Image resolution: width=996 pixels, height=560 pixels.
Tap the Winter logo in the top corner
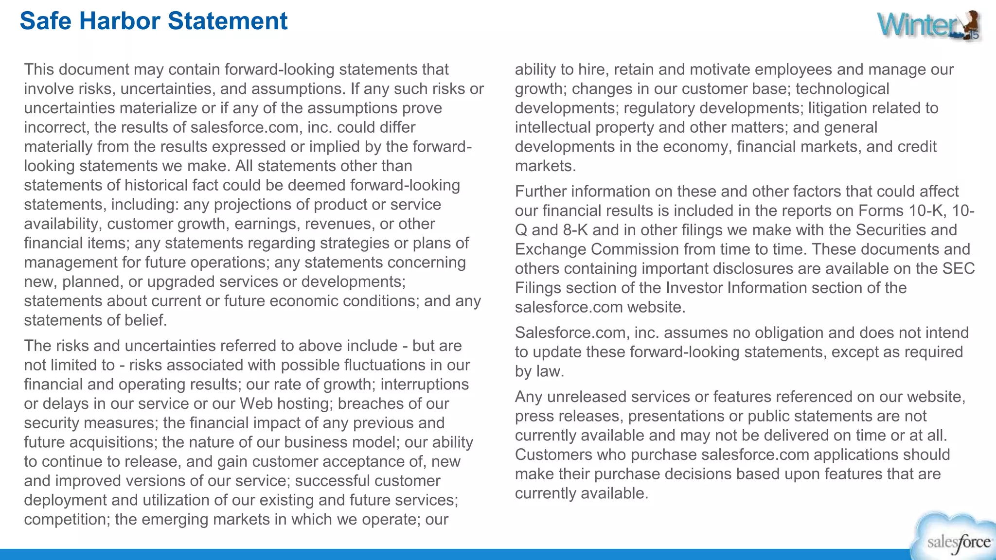point(929,25)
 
